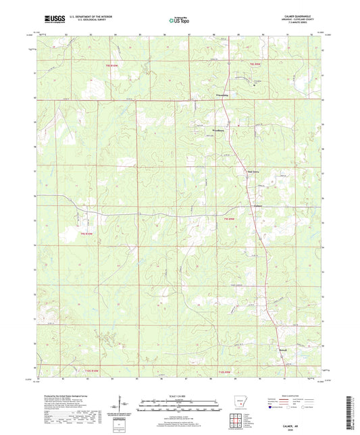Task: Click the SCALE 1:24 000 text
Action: (180, 396)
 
